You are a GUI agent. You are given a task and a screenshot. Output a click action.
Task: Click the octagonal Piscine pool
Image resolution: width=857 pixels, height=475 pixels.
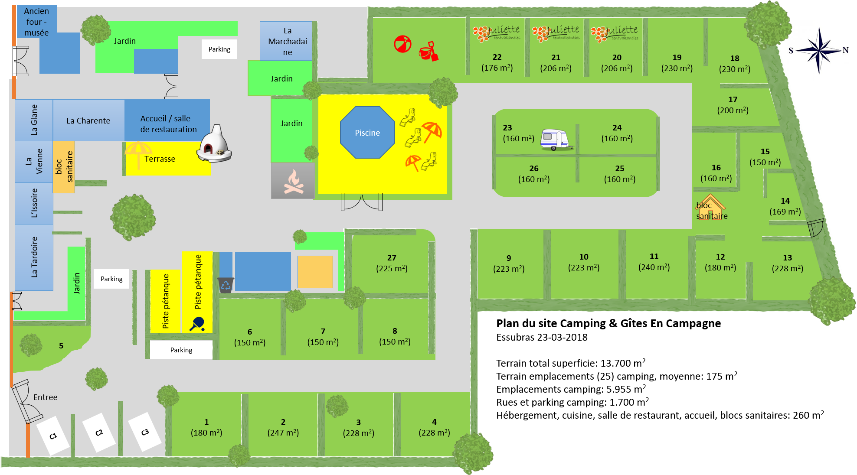pyautogui.click(x=367, y=133)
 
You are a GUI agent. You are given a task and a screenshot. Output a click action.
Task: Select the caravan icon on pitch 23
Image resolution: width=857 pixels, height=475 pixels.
pyautogui.click(x=555, y=140)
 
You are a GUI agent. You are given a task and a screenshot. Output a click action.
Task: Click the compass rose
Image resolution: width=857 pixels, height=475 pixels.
pyautogui.click(x=818, y=50)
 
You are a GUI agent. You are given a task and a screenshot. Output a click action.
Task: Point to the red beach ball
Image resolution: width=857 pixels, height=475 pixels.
pyautogui.click(x=402, y=44)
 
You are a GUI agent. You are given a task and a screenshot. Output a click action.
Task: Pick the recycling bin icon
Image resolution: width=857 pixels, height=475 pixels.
pyautogui.click(x=226, y=285)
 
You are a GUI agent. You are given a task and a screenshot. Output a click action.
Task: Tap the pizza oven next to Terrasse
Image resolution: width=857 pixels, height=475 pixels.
pyautogui.click(x=214, y=144)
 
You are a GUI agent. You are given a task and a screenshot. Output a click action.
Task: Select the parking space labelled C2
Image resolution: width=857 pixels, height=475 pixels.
pyautogui.click(x=99, y=432)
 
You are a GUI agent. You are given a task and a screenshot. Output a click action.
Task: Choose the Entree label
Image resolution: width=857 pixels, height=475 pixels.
pyautogui.click(x=45, y=397)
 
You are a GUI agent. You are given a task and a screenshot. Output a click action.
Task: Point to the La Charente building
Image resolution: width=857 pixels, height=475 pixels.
pyautogui.click(x=88, y=120)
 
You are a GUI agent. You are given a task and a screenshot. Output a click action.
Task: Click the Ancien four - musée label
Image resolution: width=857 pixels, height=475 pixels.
pyautogui.click(x=36, y=22)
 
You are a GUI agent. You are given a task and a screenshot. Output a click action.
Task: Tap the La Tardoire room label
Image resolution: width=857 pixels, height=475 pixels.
pyautogui.click(x=34, y=257)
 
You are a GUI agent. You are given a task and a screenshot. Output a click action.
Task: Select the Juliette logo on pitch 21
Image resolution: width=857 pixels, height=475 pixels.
pyautogui.click(x=556, y=33)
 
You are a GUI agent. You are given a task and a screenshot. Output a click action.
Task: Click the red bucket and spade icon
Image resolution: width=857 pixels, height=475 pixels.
pyautogui.click(x=428, y=51)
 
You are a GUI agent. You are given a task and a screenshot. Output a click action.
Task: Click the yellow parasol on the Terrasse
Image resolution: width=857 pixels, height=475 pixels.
pyautogui.click(x=138, y=153)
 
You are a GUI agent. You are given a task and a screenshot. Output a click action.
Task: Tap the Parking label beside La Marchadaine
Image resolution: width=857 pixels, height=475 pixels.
pyautogui.click(x=219, y=49)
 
